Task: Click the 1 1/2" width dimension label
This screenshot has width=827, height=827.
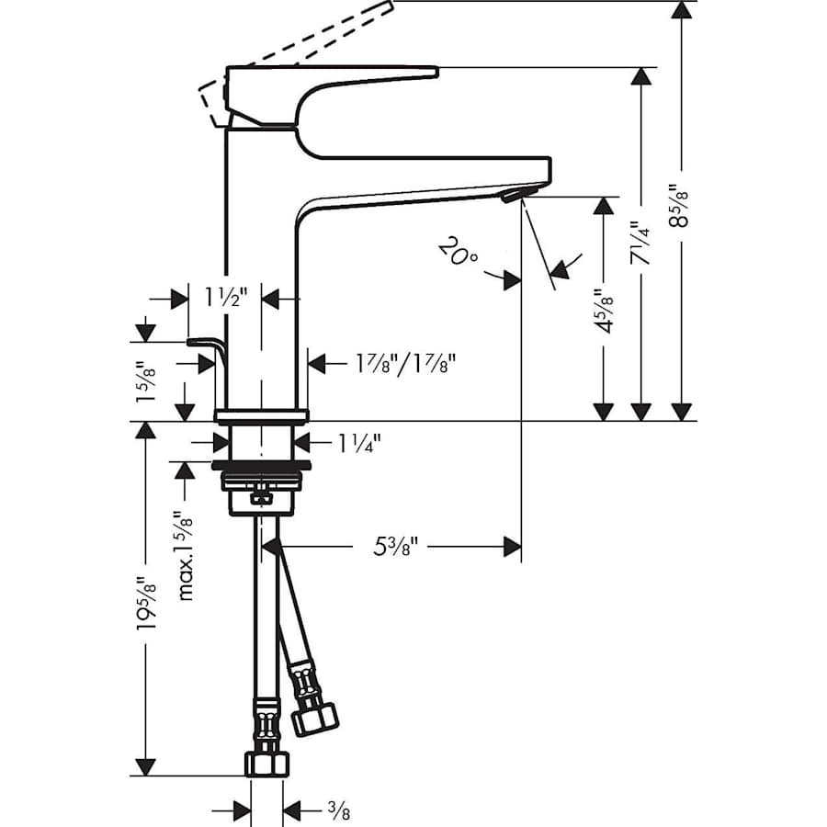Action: (225, 298)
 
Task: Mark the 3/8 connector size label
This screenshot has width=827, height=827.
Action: (337, 810)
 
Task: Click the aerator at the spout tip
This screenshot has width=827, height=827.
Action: (516, 192)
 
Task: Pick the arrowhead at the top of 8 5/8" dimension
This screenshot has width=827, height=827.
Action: (681, 11)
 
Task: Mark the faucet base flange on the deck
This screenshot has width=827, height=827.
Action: (262, 414)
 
